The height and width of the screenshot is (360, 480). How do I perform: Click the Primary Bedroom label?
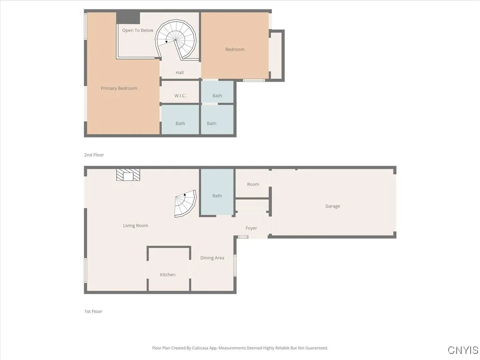(x=119, y=88)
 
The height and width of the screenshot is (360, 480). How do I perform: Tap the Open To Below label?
(x=138, y=30)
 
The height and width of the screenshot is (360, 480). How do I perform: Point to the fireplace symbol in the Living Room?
(x=128, y=175)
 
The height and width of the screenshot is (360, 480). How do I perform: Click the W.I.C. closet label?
(x=180, y=96)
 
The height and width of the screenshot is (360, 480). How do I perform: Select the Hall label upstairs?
(x=180, y=73)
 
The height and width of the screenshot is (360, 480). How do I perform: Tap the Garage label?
(x=333, y=206)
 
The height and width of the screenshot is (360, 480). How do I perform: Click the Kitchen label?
(x=168, y=275)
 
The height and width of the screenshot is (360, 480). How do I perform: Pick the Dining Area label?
(x=212, y=258)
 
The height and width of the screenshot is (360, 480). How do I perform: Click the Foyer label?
(x=251, y=228)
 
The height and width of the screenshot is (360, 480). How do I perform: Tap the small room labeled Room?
(x=253, y=184)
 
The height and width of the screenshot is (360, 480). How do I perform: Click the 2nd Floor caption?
(x=94, y=155)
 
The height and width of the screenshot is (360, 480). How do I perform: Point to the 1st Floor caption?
(x=93, y=311)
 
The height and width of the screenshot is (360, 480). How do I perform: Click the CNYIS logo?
(x=463, y=350)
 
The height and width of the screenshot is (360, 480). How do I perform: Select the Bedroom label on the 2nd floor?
(x=235, y=49)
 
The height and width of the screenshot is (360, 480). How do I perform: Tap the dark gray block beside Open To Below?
(x=128, y=17)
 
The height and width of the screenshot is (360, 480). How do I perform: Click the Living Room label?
(x=135, y=225)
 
